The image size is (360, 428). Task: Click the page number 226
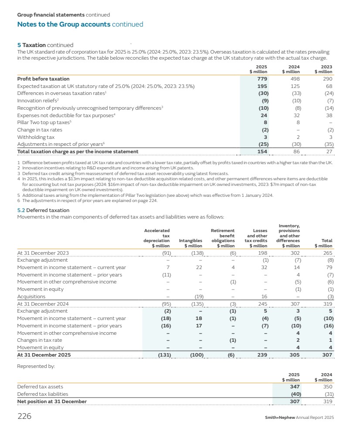24,416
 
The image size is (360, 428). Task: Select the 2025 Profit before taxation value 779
262,79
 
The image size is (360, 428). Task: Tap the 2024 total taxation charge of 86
296,152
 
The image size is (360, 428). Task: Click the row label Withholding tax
36,137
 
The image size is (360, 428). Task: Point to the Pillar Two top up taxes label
44,122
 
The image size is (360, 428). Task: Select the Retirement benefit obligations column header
223,238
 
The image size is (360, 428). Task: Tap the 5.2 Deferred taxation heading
43,210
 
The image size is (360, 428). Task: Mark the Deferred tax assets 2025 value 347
295,387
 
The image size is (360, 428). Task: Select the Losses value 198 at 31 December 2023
262,253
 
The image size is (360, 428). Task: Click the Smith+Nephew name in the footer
279,418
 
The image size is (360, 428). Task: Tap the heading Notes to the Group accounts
64,24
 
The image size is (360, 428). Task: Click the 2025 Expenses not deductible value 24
264,115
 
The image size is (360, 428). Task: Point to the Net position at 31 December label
52,401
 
